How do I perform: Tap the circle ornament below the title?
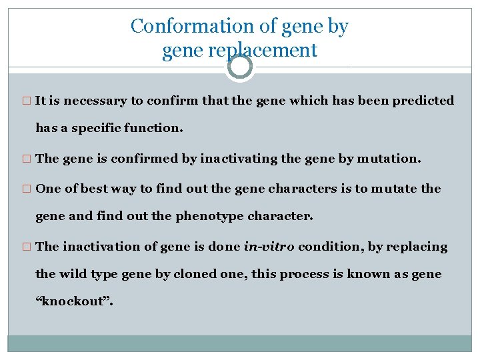(240, 67)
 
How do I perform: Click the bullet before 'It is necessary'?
(27, 101)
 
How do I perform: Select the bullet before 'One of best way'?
(27, 189)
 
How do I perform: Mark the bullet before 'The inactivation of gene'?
(27, 247)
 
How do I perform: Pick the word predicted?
(423, 101)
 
